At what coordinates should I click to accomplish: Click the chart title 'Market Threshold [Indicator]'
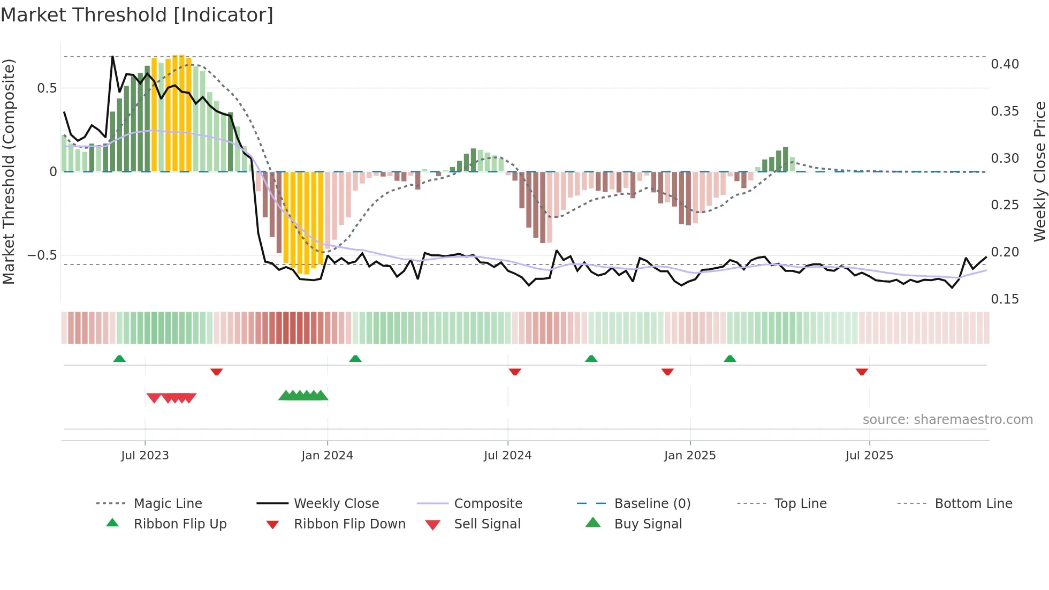pos(137,15)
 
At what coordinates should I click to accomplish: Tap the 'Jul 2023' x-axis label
pos(145,456)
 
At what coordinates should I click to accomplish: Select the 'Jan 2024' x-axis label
pos(327,456)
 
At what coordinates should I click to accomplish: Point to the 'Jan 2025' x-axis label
pos(690,456)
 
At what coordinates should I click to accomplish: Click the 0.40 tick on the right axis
pos(1005,64)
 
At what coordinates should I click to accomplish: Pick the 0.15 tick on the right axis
pos(1005,299)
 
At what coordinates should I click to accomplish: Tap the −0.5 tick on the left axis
pos(42,255)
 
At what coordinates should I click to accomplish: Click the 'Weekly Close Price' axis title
pos(1039,171)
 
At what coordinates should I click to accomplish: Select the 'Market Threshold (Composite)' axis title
pos(9,171)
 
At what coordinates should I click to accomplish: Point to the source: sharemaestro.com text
pos(947,420)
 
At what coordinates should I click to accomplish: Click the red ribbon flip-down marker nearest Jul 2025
pos(862,372)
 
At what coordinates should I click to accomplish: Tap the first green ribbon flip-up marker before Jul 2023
pos(119,359)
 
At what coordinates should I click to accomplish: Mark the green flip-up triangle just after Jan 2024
pos(355,359)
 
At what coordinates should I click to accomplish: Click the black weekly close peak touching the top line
pos(112,57)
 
